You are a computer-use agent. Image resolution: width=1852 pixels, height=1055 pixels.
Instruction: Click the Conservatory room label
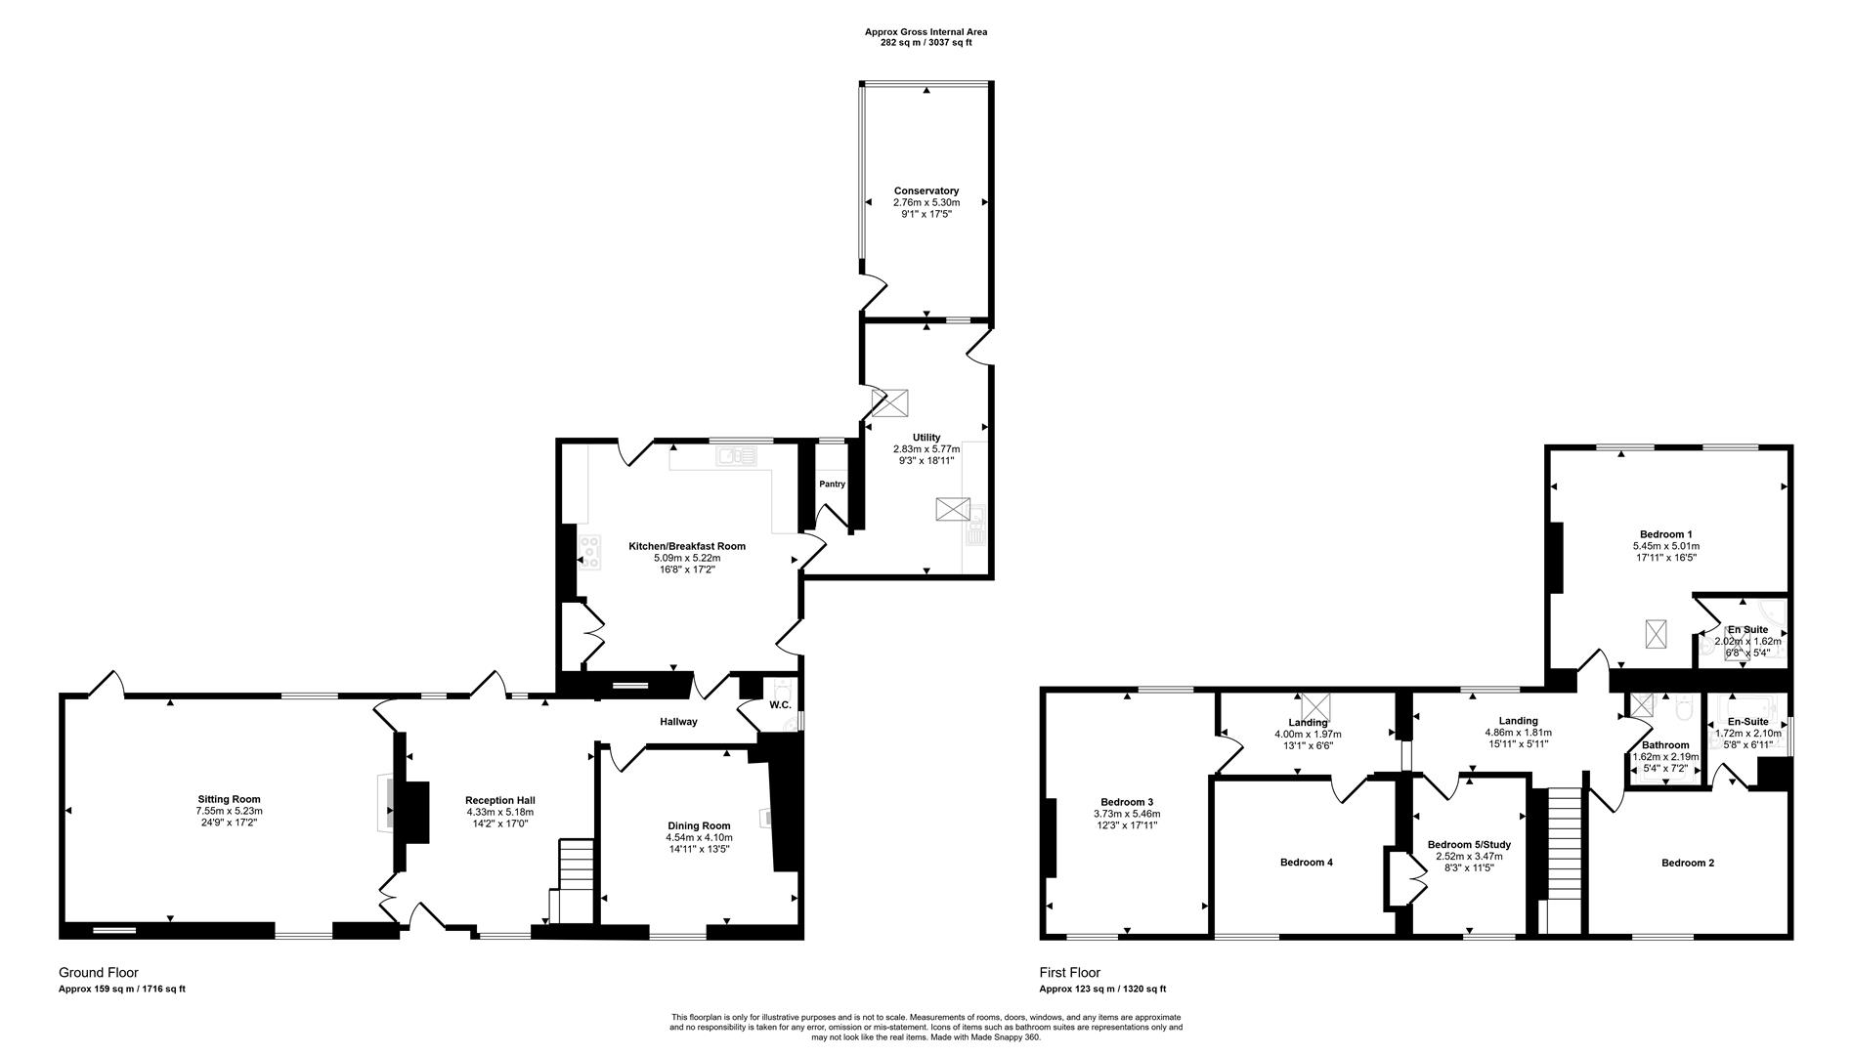pos(926,190)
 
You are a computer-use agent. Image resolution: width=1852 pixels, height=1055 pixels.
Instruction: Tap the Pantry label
pos(832,484)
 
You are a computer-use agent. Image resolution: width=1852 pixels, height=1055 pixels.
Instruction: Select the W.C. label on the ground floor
pos(780,704)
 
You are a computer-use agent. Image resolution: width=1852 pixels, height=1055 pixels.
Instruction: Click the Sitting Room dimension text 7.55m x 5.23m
pos(229,811)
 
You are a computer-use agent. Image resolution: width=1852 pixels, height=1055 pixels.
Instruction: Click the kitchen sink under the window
pos(736,455)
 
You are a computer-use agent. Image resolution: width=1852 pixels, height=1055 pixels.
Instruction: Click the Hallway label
pos(678,722)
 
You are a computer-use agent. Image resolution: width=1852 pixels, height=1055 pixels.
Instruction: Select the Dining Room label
pos(699,825)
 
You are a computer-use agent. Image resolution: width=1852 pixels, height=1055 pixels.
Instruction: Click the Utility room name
pos(926,437)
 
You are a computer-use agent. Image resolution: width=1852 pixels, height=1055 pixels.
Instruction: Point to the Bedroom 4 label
pos(1307,863)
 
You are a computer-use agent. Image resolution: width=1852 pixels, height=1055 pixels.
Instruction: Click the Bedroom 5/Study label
pos(1469,844)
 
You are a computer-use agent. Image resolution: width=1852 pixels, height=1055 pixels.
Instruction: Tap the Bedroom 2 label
pos(1688,863)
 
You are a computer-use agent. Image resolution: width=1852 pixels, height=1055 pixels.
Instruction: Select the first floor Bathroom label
pos(1665,744)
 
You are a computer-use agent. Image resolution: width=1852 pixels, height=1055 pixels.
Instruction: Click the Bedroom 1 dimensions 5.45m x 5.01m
pos(1665,546)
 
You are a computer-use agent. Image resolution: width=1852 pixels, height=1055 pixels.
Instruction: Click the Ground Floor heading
pos(99,973)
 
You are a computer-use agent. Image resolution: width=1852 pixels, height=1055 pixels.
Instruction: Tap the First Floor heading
pos(1069,973)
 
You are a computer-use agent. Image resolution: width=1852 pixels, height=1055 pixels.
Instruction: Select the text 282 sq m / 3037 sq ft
pos(926,43)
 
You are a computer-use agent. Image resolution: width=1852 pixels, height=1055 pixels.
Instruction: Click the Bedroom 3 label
pos(1127,801)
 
